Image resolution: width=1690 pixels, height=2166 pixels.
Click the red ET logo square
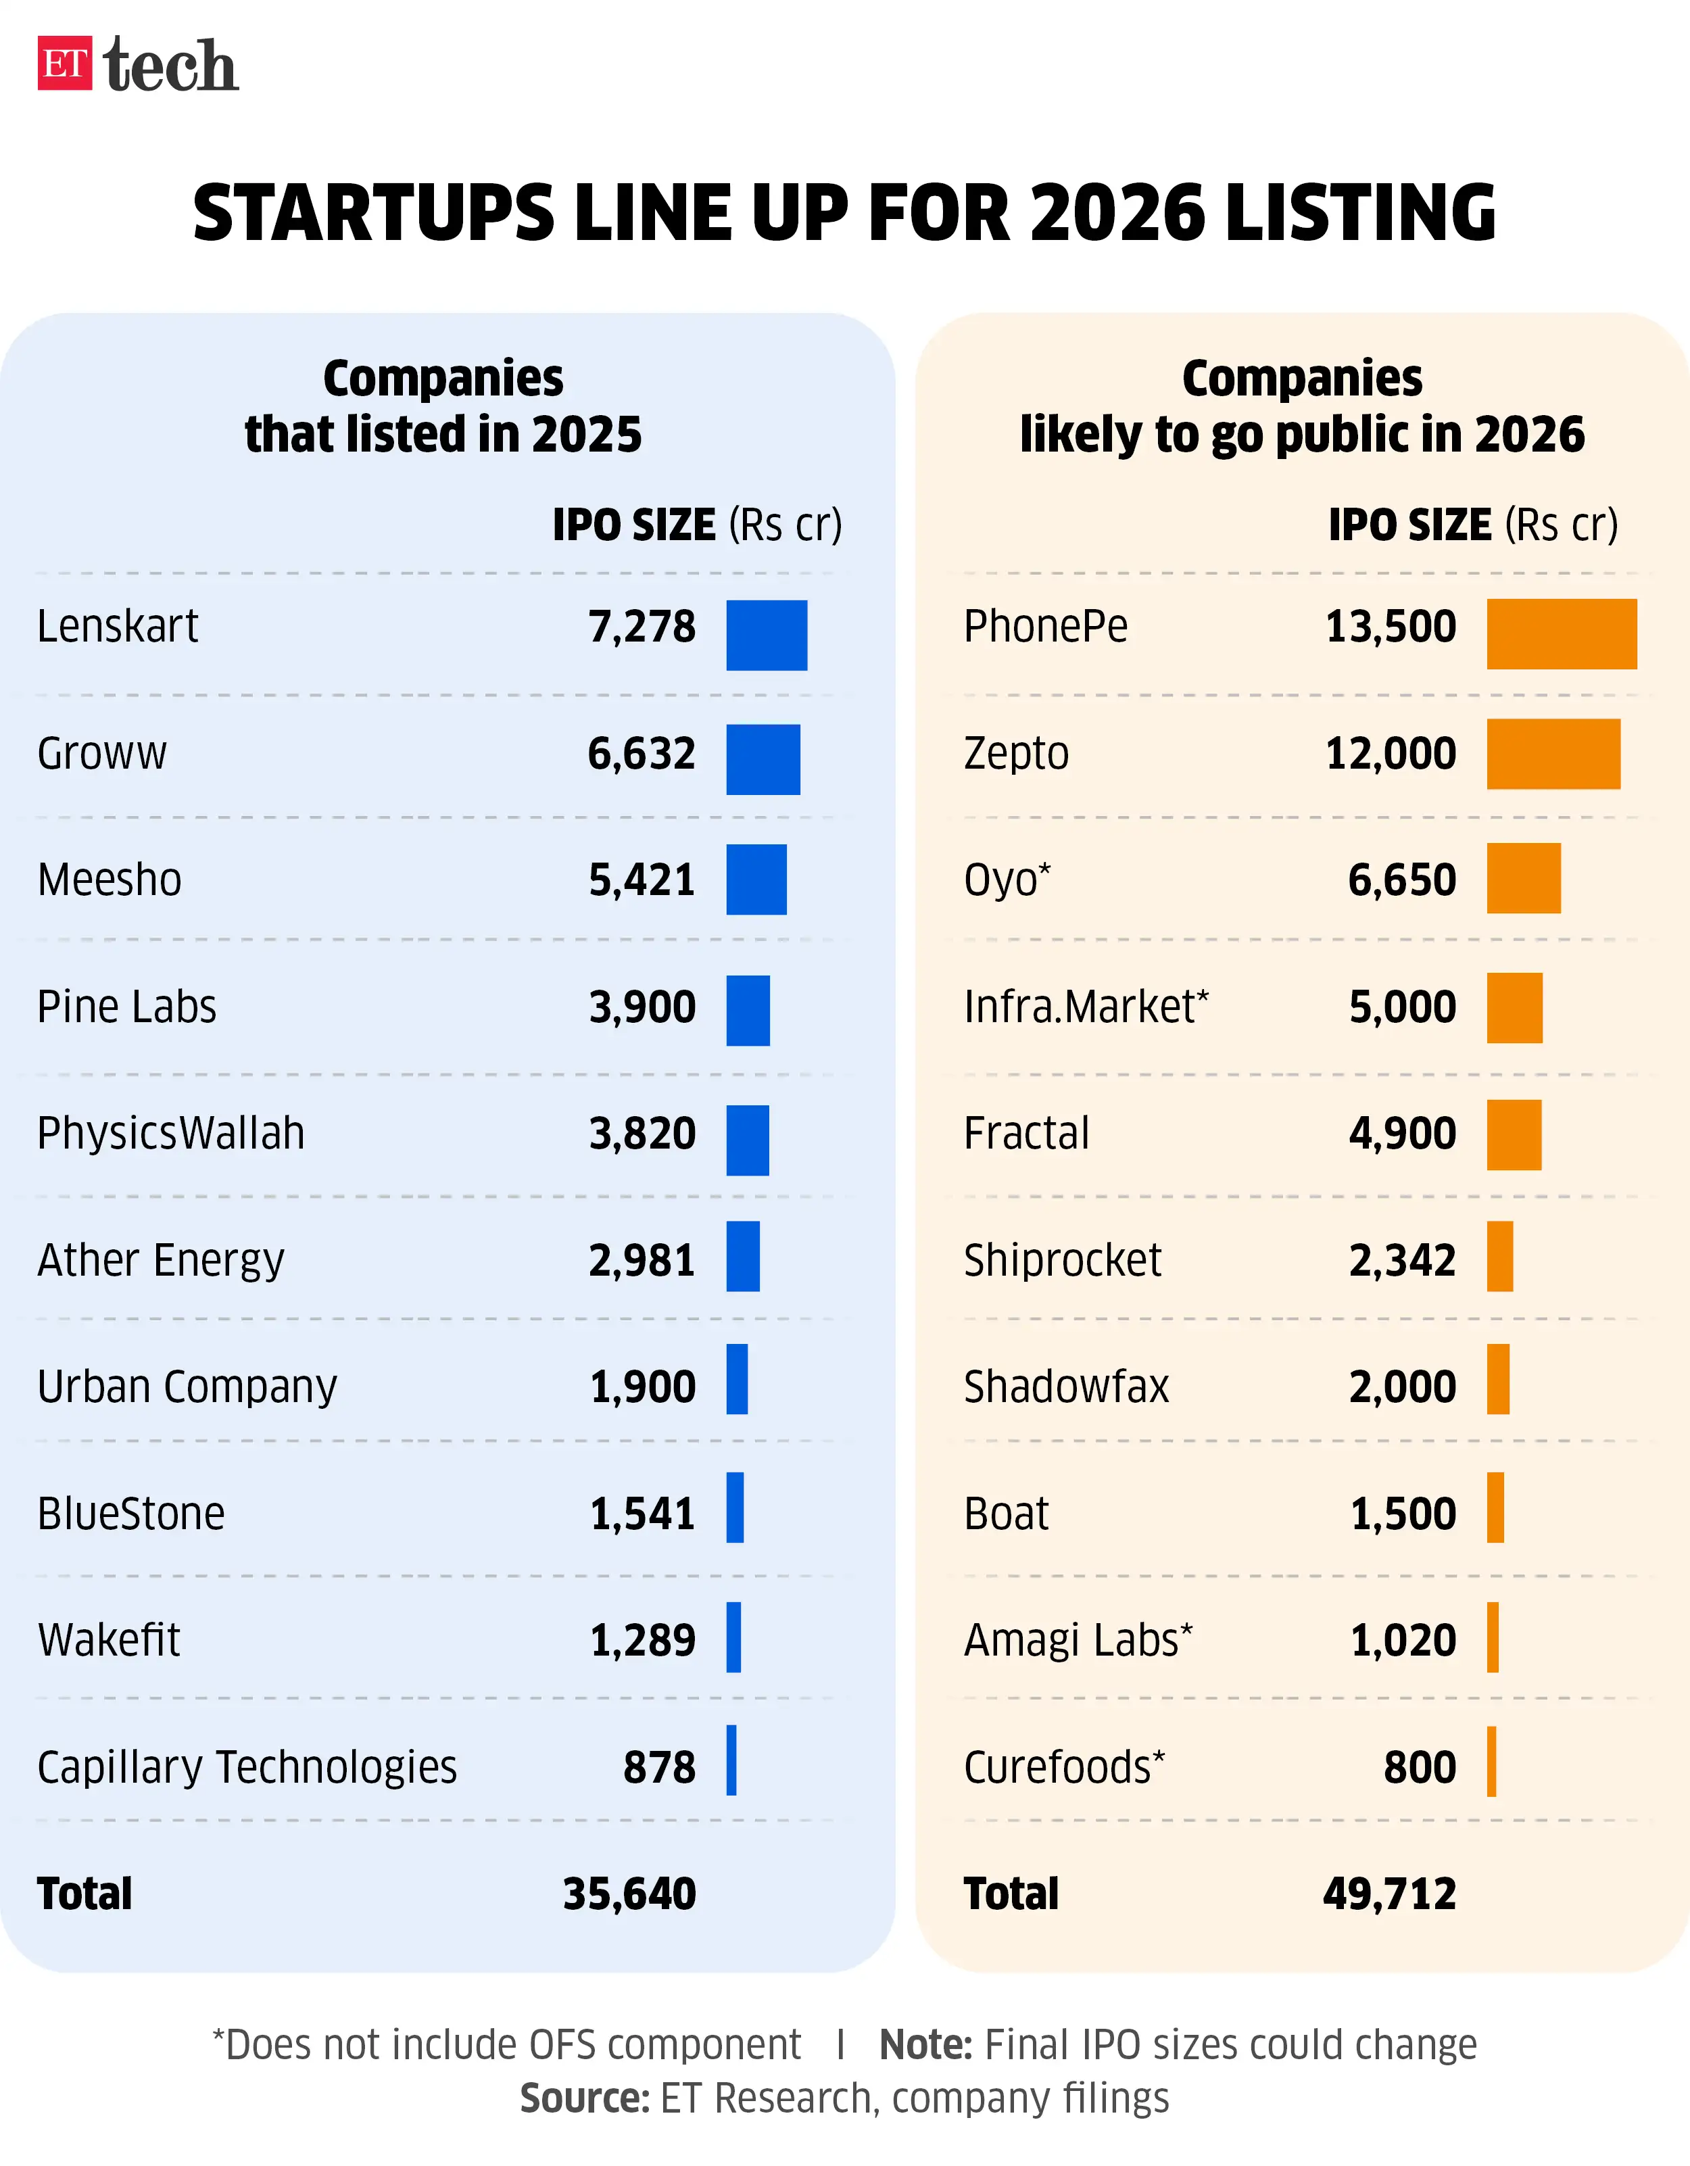point(64,64)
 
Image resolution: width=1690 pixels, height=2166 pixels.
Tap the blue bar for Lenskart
point(766,635)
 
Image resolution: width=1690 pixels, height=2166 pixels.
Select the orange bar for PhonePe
point(1561,633)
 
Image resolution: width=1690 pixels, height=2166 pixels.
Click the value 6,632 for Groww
point(642,754)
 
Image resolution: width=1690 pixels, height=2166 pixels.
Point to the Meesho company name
point(109,880)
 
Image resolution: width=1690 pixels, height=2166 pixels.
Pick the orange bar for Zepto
point(1553,754)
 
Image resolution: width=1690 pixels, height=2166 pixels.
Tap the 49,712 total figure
point(1389,1894)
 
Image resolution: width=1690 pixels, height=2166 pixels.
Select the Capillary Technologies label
point(247,1767)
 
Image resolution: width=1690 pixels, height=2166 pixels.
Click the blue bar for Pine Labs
point(748,1009)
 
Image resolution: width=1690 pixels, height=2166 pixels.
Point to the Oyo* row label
point(1007,880)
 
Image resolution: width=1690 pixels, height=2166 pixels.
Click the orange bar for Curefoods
point(1492,1761)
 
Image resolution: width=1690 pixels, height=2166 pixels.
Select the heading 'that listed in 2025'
point(443,435)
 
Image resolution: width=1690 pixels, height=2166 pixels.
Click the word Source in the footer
point(584,2098)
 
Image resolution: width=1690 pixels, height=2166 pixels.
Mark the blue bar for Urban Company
point(737,1378)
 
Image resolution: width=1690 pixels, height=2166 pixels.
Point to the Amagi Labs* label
point(1078,1640)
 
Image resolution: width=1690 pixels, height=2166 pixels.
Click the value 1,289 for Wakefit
point(643,1640)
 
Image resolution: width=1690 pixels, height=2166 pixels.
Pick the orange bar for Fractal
point(1514,1134)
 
